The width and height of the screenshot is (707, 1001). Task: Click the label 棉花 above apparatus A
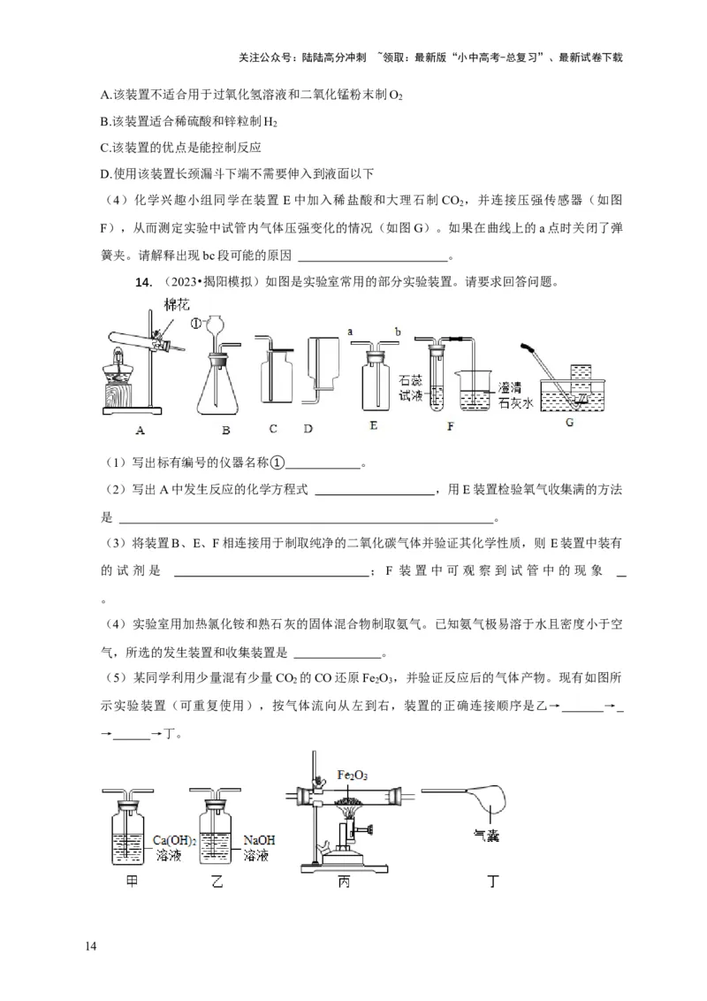[x=175, y=304]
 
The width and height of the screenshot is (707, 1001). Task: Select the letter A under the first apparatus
[x=140, y=431]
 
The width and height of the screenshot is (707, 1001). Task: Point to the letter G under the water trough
[x=569, y=424]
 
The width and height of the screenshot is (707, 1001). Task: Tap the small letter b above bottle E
[x=399, y=331]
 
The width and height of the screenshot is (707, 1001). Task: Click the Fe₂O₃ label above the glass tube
[x=353, y=776]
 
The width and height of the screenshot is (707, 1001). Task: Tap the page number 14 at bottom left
[x=90, y=947]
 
